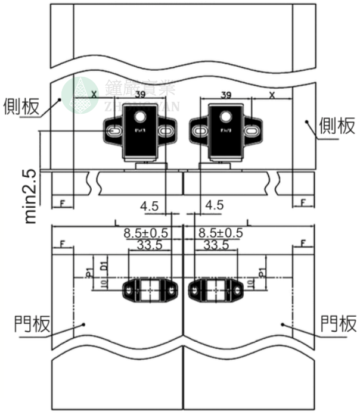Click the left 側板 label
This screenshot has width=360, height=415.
(x=21, y=106)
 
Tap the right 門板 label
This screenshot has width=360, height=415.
(x=339, y=324)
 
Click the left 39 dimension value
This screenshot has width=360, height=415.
(x=141, y=94)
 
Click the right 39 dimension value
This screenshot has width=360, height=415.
(x=226, y=94)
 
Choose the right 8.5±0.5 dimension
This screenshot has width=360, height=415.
(x=221, y=233)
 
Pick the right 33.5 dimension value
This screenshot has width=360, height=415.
(x=216, y=244)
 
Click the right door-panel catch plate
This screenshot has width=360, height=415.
(x=215, y=290)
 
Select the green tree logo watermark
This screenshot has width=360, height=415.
(x=83, y=95)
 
